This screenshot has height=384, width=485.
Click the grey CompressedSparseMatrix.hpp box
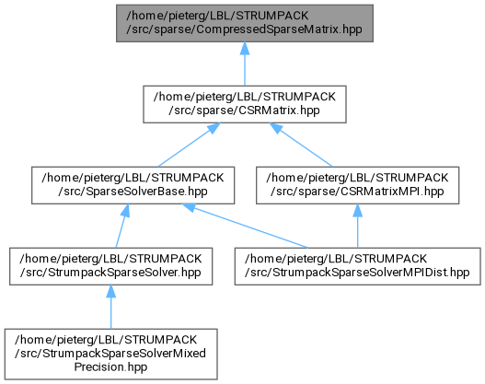[245, 23]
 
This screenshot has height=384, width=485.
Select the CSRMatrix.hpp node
[245, 104]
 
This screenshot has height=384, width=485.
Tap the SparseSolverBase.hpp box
[133, 185]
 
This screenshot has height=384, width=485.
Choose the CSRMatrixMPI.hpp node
[358, 185]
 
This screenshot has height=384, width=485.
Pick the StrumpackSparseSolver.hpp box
[111, 266]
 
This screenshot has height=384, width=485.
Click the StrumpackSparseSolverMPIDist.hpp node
[358, 266]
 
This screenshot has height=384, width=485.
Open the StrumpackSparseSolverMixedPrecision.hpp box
[111, 355]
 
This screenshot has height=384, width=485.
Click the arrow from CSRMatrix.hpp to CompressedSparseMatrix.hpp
[245, 64]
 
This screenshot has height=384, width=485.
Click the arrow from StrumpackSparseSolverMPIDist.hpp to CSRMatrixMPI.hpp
[358, 226]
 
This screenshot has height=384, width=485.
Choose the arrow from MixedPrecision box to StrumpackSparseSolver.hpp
[111, 307]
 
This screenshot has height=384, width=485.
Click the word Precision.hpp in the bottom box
[110, 367]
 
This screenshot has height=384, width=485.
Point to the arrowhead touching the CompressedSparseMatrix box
[245, 49]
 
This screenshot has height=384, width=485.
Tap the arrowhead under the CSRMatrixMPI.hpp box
[358, 211]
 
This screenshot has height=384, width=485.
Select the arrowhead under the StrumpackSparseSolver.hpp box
[111, 292]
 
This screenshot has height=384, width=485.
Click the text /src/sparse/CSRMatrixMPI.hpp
[357, 192]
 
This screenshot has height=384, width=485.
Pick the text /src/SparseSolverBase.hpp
[133, 192]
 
